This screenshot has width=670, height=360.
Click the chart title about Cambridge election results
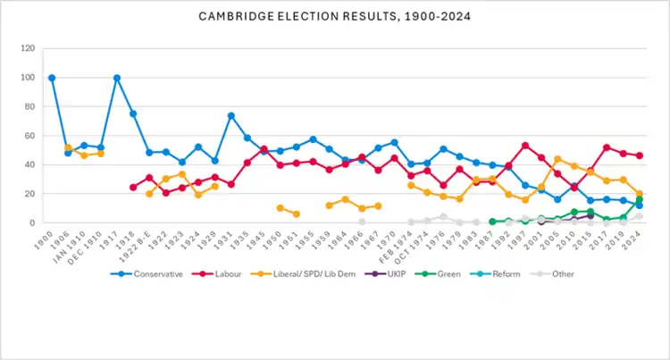pyautogui.click(x=335, y=17)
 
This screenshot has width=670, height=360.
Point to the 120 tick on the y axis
pyautogui.click(x=28, y=48)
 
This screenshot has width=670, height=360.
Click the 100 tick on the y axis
pyautogui.click(x=28, y=78)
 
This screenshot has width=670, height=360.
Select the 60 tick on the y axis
pyautogui.click(x=30, y=136)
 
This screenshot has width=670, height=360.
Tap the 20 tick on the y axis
pyautogui.click(x=30, y=194)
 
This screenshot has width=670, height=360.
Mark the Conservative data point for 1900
pyautogui.click(x=52, y=78)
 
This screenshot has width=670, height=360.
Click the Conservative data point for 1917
pyautogui.click(x=117, y=78)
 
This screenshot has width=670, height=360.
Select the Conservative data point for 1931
pyautogui.click(x=230, y=115)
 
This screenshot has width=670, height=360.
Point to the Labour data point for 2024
pyautogui.click(x=639, y=155)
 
